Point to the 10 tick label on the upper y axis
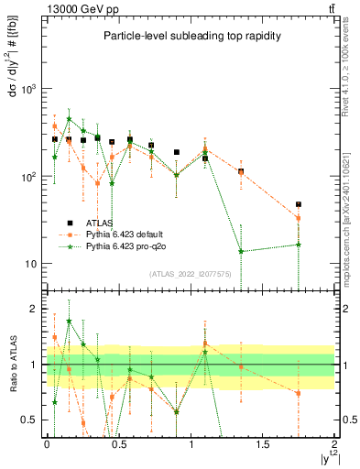click(31, 264)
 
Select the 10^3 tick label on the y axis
click(29, 89)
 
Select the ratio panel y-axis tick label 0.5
click(31, 420)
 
